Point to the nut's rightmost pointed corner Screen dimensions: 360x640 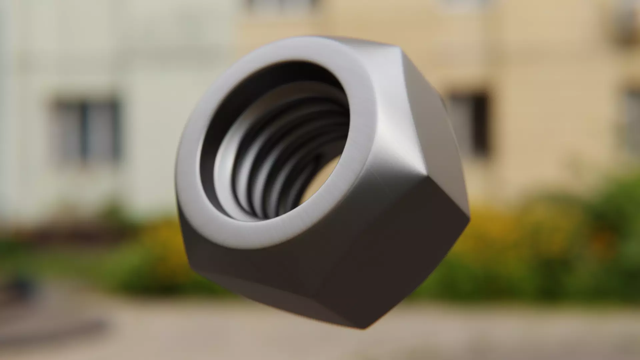coord(469,218)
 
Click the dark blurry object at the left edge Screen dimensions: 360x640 coord(20,283)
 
